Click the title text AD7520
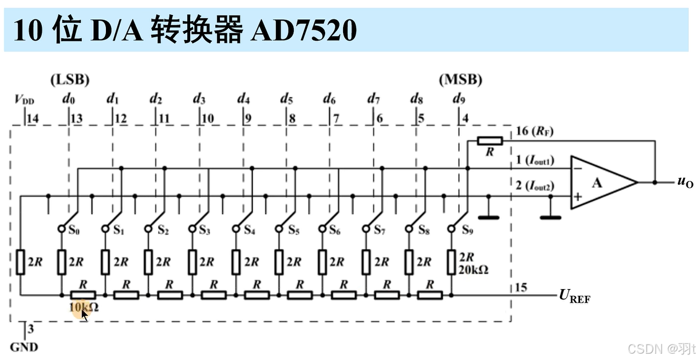point(304,30)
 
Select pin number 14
point(32,118)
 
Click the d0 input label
point(68,99)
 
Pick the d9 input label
point(459,99)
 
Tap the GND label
point(24,347)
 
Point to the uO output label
point(685,183)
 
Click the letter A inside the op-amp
point(597,183)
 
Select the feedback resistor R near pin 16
point(490,141)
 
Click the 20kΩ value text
point(473,271)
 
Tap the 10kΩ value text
point(84,307)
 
